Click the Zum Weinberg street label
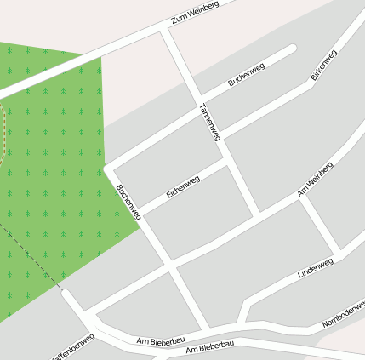(x=195, y=13)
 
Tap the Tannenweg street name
(x=209, y=121)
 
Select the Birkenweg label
(x=324, y=66)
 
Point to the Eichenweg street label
(x=183, y=187)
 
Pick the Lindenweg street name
(x=316, y=267)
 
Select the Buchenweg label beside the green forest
(x=128, y=202)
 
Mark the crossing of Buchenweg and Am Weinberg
(x=171, y=269)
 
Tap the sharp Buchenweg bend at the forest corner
(x=107, y=167)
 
